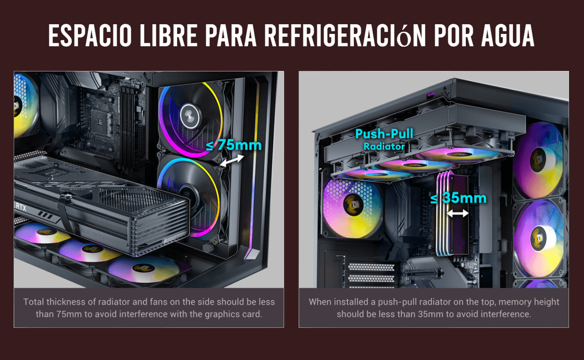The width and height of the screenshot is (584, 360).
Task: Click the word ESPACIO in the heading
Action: (x=90, y=35)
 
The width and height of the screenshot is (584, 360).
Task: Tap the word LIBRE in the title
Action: (x=168, y=35)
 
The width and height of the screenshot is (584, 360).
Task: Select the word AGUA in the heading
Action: (x=508, y=35)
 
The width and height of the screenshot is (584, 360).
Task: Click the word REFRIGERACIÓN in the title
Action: (x=345, y=35)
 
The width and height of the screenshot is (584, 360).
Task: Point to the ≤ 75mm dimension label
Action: (x=234, y=145)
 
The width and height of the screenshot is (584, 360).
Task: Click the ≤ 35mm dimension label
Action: (x=458, y=198)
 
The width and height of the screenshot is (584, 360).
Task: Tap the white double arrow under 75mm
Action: (x=232, y=160)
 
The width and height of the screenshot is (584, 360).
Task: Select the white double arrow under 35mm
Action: (x=458, y=214)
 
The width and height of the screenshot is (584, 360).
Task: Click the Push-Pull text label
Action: (x=384, y=134)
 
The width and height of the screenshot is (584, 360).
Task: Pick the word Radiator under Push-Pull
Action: (x=384, y=146)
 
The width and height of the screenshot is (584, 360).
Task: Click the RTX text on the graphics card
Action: (x=21, y=207)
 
